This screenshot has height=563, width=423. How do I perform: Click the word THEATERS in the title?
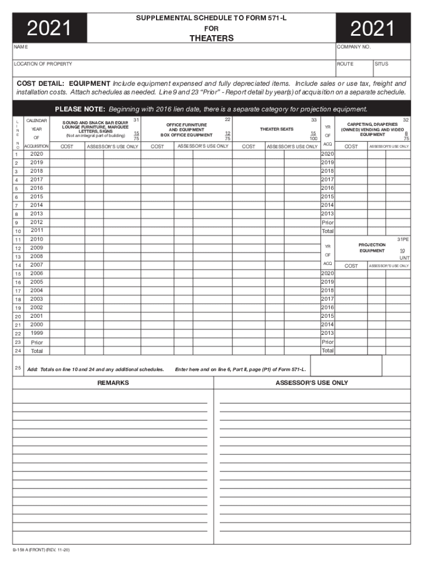tap(211, 38)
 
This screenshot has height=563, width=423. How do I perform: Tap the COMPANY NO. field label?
tap(354, 47)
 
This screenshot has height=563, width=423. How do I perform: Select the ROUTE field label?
tap(346, 64)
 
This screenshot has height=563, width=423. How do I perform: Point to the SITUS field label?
tap(381, 64)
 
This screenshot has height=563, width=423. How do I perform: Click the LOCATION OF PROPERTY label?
tap(43, 64)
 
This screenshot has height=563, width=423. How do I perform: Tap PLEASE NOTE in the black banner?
tap(80, 109)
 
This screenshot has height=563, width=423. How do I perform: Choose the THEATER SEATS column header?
tap(276, 129)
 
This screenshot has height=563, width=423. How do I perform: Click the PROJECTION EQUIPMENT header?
tap(372, 247)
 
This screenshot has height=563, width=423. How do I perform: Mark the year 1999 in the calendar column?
tap(37, 333)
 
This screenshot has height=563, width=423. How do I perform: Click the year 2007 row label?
tap(37, 265)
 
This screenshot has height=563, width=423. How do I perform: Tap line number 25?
tap(18, 368)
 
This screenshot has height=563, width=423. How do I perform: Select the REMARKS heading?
tap(113, 383)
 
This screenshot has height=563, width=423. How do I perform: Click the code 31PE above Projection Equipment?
tap(403, 239)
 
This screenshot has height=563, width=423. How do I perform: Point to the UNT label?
tap(404, 258)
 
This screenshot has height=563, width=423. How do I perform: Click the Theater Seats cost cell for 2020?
tap(248, 154)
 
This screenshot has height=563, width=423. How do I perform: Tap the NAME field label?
tap(21, 47)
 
